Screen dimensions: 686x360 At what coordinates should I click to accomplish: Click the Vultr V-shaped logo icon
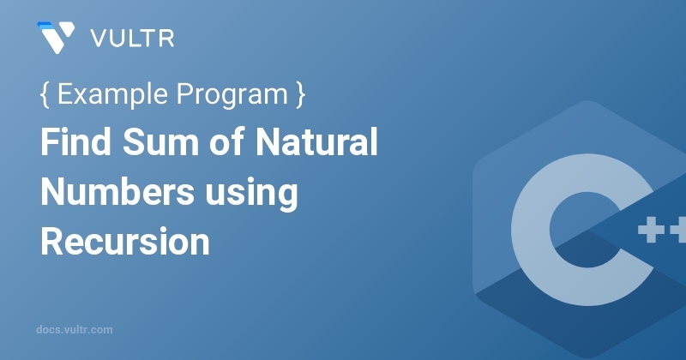pyautogui.click(x=56, y=38)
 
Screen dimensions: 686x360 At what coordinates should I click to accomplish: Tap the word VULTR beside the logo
pyautogui.click(x=132, y=39)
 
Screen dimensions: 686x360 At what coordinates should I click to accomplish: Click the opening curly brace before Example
pyautogui.click(x=45, y=94)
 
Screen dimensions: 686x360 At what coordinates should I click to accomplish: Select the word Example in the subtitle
pyautogui.click(x=112, y=94)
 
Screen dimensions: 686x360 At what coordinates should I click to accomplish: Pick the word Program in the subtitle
pyautogui.click(x=232, y=95)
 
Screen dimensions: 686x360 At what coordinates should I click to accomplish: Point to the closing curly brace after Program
pyautogui.click(x=300, y=94)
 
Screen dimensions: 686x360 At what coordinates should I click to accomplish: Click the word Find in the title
pyautogui.click(x=75, y=141)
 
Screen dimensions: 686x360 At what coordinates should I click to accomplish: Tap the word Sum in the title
pyautogui.click(x=160, y=142)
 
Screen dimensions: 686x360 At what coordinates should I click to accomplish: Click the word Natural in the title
pyautogui.click(x=316, y=141)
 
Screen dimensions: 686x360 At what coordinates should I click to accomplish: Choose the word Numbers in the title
pyautogui.click(x=117, y=192)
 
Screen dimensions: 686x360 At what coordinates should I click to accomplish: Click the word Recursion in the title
pyautogui.click(x=125, y=241)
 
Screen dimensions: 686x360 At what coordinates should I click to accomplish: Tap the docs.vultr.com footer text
pyautogui.click(x=75, y=330)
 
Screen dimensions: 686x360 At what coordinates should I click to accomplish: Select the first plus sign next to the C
pyautogui.click(x=652, y=229)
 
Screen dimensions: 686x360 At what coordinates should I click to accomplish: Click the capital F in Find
pyautogui.click(x=51, y=141)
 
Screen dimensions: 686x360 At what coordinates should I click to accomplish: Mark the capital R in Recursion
pyautogui.click(x=52, y=241)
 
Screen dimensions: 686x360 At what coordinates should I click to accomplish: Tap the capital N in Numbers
pyautogui.click(x=53, y=191)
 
